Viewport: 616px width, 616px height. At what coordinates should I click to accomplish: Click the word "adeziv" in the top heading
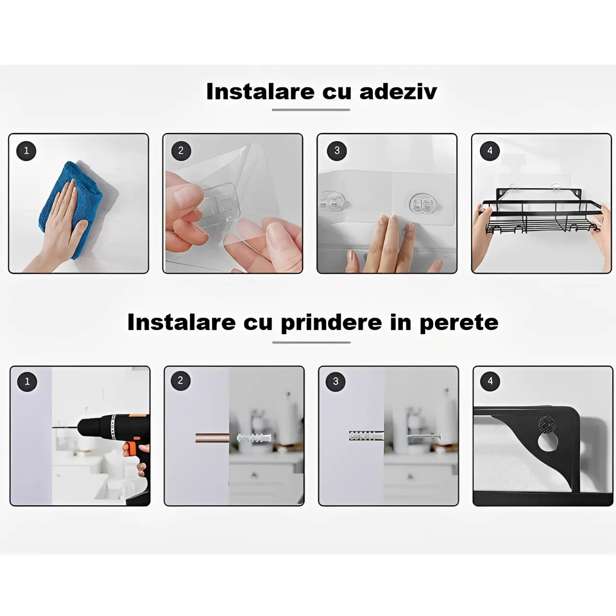coord(398,91)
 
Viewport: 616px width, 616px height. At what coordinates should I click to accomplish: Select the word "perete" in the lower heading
coord(459,322)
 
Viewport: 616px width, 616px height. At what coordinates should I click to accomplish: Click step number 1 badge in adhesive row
coord(26,151)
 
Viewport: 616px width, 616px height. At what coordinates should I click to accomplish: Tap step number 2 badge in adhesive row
coord(181,151)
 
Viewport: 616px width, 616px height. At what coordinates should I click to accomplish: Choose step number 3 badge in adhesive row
coord(337,151)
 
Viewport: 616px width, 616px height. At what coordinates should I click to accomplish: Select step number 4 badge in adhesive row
coord(490,151)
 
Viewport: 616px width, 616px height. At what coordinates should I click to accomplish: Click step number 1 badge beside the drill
coord(27,382)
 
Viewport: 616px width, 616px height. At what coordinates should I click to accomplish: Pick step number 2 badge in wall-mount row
coord(180,381)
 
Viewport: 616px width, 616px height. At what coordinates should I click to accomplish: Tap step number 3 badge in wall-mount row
coord(335,382)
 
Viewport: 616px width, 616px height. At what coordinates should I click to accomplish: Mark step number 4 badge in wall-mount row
coord(490,381)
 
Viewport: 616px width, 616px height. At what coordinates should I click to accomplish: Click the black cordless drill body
coord(108,428)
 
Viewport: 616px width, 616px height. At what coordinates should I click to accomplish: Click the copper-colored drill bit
coord(212,438)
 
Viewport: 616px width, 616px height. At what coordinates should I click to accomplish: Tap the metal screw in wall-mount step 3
coord(423,436)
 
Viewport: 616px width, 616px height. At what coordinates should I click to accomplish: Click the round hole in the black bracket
coord(548,441)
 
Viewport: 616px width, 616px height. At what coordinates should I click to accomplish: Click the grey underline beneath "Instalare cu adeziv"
coord(311,110)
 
